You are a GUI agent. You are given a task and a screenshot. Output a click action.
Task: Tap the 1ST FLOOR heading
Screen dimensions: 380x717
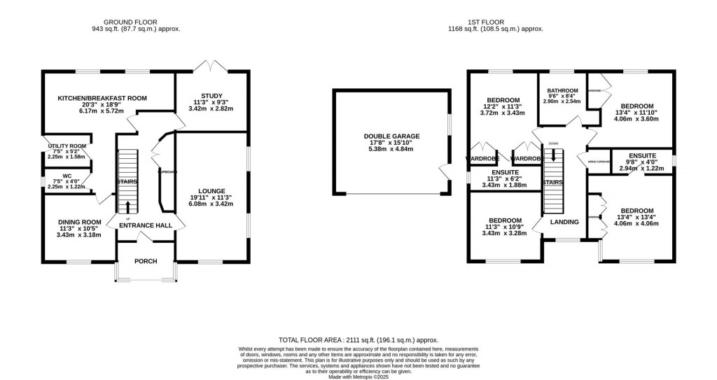point(495,22)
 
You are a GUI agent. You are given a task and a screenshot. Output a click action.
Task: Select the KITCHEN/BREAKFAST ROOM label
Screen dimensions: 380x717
point(102,98)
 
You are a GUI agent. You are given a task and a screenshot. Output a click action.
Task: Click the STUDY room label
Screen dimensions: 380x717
point(211,95)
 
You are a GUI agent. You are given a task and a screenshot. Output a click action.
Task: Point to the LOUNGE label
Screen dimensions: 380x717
point(211,190)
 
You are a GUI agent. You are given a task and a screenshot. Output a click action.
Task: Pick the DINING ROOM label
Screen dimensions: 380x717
point(79,222)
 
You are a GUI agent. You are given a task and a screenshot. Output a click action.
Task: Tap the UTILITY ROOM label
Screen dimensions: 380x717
point(66,145)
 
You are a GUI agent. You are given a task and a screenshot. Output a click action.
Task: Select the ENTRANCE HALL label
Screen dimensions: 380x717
point(146,225)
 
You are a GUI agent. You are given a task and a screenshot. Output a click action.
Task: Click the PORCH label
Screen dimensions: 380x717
point(146,261)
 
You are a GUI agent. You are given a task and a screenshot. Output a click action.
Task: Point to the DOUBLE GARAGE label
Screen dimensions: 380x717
point(391,136)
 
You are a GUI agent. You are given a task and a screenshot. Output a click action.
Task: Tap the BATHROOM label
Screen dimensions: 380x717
point(563,90)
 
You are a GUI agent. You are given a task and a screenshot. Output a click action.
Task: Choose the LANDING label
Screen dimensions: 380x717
point(564,222)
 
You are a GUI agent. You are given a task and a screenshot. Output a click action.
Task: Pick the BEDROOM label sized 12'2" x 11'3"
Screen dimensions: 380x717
point(503,99)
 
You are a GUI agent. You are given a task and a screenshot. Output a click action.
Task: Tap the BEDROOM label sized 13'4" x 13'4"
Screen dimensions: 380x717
point(636,211)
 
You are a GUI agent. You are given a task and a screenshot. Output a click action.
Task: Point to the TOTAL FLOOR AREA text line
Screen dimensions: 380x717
point(358,338)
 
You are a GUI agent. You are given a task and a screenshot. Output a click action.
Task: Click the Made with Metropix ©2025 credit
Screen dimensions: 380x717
point(358,376)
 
